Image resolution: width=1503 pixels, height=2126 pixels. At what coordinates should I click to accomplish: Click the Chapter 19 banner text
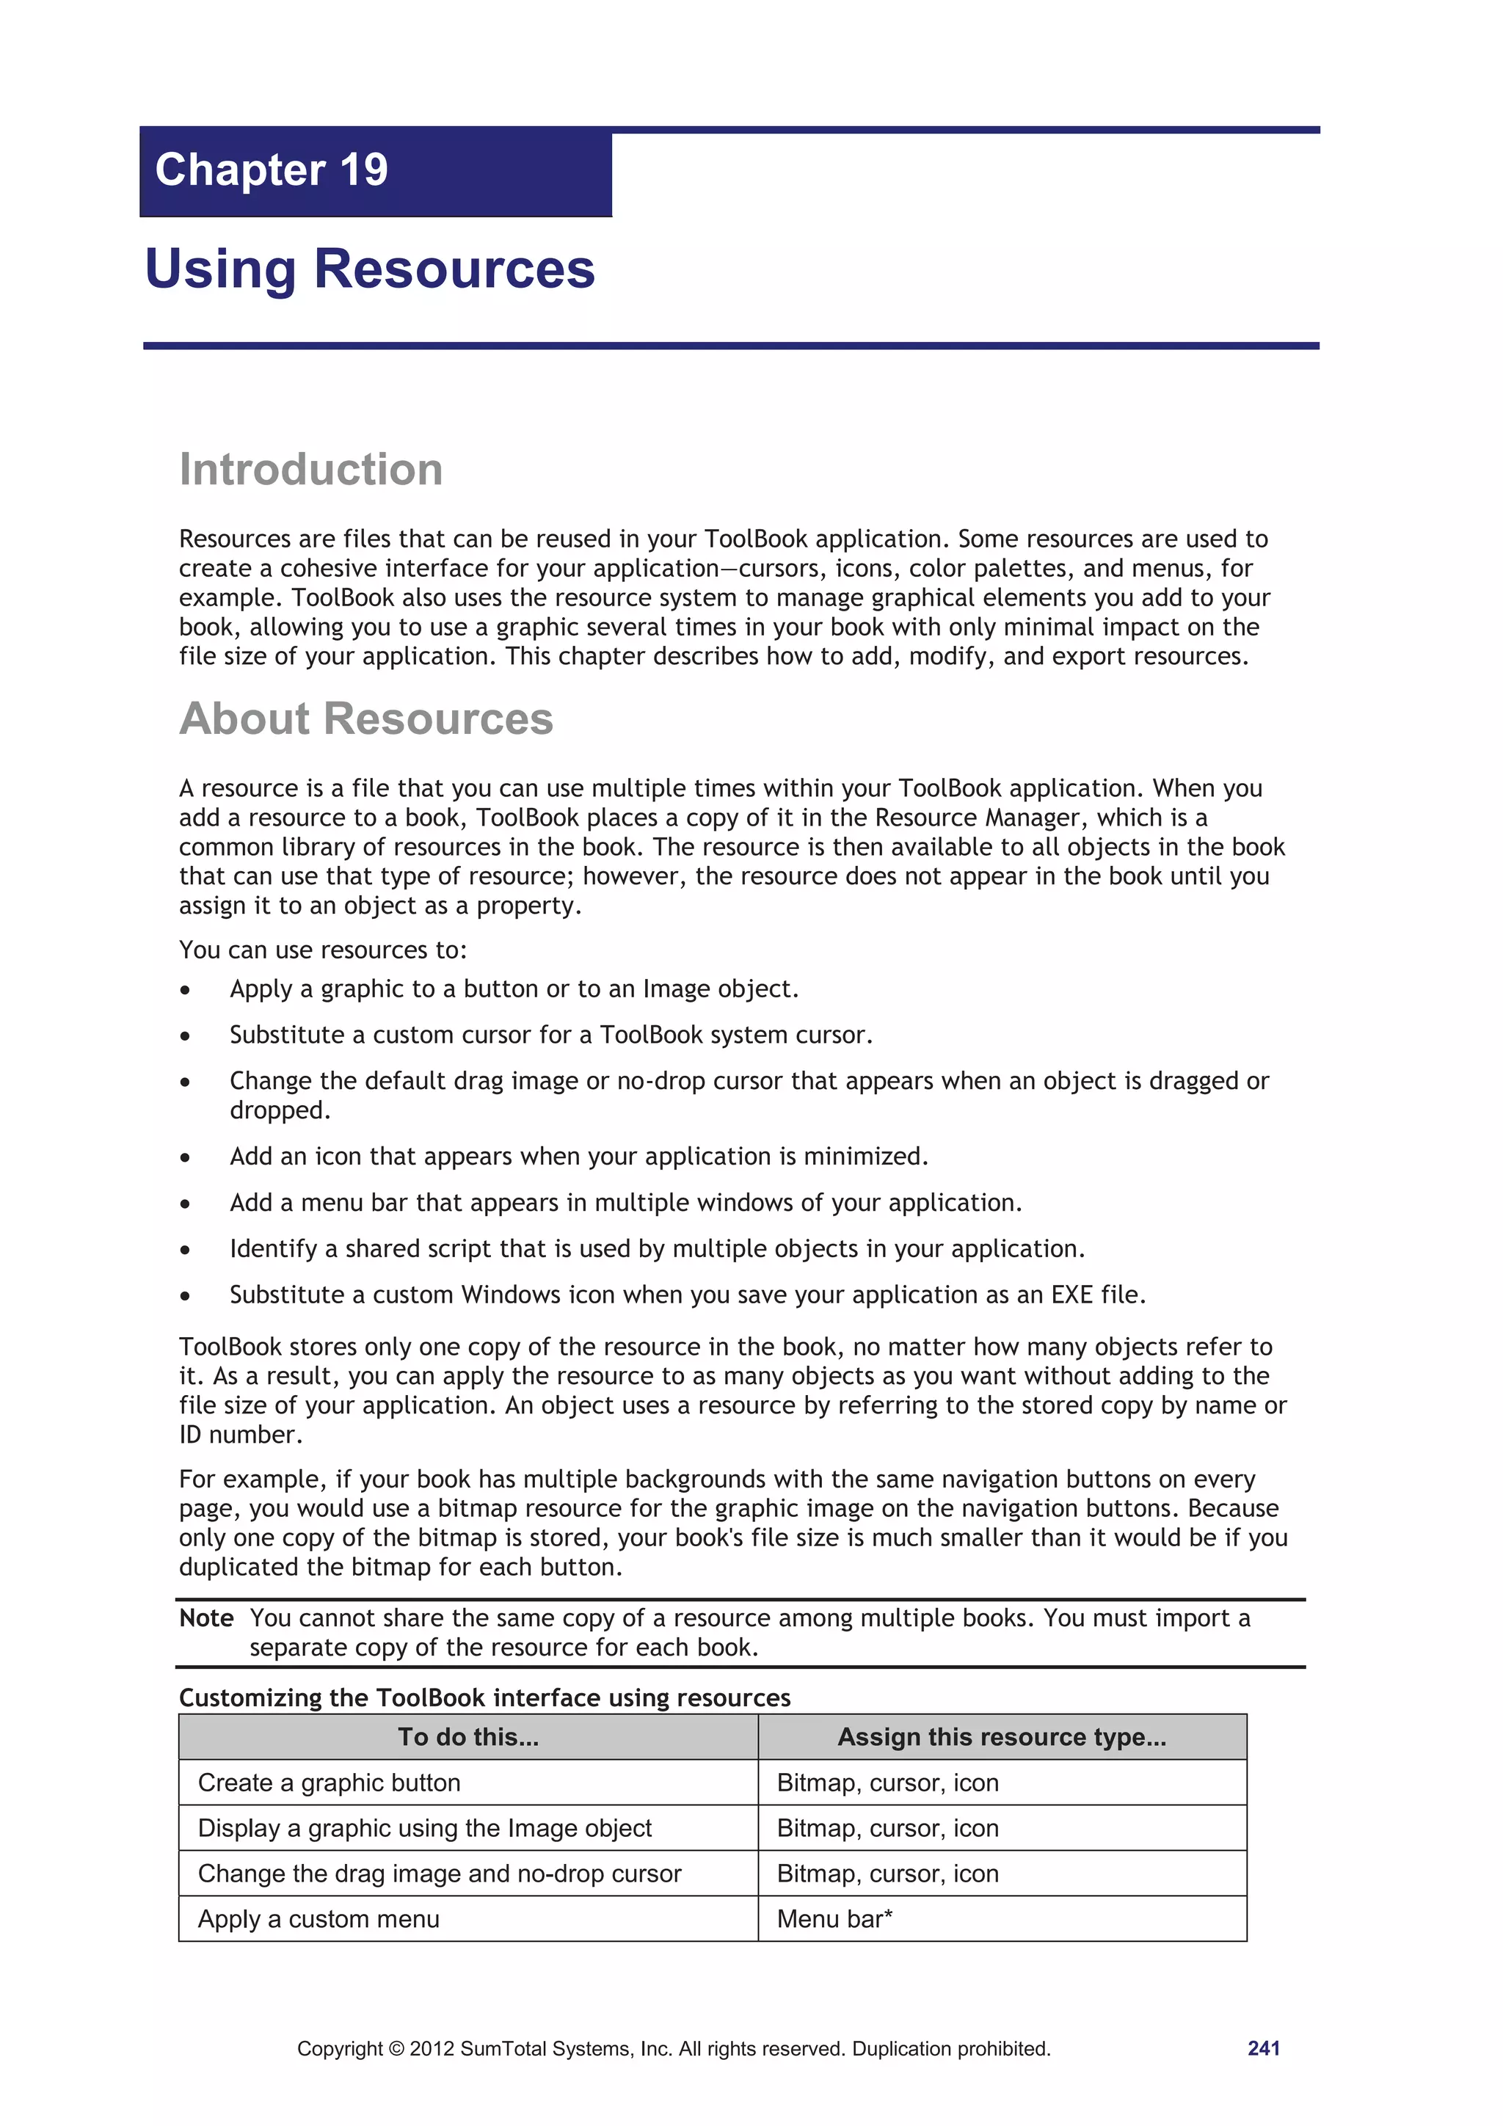coord(272,170)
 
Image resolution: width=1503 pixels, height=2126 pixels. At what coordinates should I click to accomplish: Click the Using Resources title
coord(369,269)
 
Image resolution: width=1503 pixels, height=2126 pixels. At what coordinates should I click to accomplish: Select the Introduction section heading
coord(311,470)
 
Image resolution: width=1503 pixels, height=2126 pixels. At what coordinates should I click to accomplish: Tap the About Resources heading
coord(365,718)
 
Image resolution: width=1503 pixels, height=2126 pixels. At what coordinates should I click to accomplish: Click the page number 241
coord(1263,2048)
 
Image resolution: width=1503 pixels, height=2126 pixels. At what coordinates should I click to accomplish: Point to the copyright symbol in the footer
coord(396,2049)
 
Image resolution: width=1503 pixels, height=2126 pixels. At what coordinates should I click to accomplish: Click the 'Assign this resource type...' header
coord(1001,1737)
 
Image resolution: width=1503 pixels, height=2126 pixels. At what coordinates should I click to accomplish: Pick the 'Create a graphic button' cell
coord(329,1783)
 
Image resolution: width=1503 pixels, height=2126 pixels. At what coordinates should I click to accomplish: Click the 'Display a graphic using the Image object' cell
coord(424,1828)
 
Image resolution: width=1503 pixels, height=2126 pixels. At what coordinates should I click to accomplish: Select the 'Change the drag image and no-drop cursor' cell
coord(439,1874)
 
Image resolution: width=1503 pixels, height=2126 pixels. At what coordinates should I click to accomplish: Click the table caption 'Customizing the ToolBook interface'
coord(484,1697)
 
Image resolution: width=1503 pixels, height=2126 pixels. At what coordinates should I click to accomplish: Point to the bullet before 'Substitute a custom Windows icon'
coord(185,1296)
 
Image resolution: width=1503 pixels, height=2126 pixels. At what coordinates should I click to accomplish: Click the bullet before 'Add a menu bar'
coord(185,1204)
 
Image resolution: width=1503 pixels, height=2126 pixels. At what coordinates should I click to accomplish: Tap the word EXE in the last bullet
coord(1072,1295)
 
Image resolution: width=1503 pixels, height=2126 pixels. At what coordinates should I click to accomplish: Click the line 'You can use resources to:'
coord(323,950)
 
